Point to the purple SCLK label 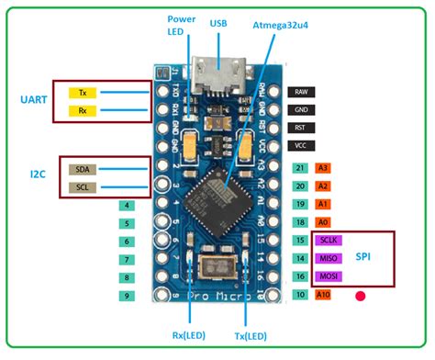pyautogui.click(x=329, y=241)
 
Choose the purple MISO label pyautogui.click(x=329, y=259)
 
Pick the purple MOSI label pyautogui.click(x=329, y=276)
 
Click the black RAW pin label pyautogui.click(x=300, y=92)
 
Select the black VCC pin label pyautogui.click(x=300, y=146)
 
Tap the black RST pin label pyautogui.click(x=300, y=128)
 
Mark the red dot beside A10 pyautogui.click(x=361, y=297)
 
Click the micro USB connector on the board pyautogui.click(x=219, y=79)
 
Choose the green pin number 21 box pyautogui.click(x=300, y=168)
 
